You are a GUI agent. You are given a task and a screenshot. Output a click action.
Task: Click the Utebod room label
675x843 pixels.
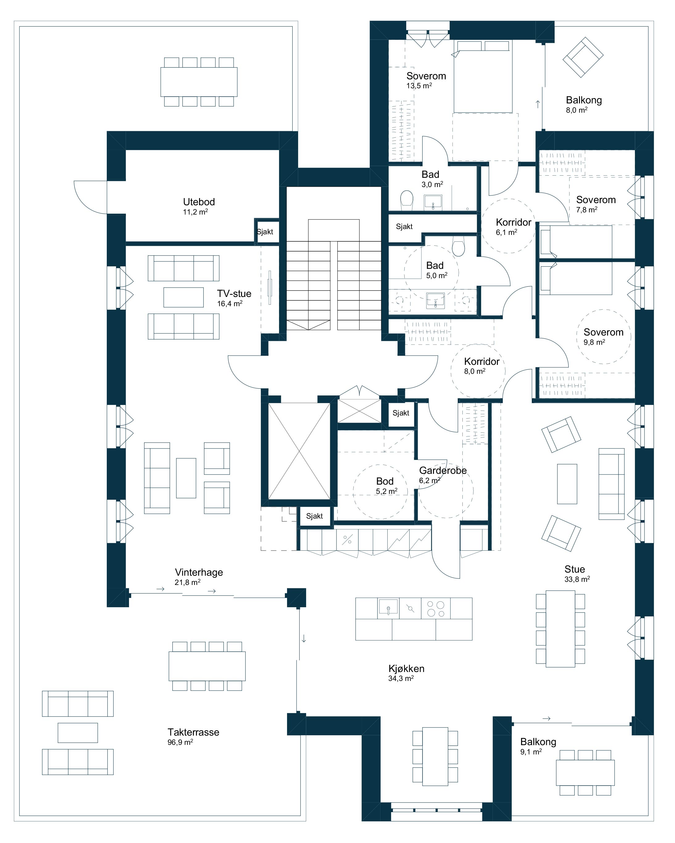tap(199, 202)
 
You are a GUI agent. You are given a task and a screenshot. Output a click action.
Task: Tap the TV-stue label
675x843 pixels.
tap(234, 293)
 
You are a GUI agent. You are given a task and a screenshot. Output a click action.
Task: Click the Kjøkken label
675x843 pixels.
tap(406, 669)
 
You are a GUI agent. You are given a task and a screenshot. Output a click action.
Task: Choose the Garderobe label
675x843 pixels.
tap(443, 470)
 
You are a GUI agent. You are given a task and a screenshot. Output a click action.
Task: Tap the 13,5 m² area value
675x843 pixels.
tap(419, 86)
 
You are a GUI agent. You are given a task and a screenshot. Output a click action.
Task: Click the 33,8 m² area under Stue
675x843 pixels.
tap(577, 579)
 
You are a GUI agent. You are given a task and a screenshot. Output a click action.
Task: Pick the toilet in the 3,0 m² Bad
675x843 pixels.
tap(406, 198)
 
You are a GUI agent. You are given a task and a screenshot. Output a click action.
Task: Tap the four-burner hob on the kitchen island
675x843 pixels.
tap(436, 609)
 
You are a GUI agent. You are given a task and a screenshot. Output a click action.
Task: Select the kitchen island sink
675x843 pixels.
tap(388, 607)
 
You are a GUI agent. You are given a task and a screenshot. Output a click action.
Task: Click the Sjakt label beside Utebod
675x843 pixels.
tap(265, 232)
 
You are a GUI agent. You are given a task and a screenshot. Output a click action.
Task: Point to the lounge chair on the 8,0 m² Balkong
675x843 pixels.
tap(583, 57)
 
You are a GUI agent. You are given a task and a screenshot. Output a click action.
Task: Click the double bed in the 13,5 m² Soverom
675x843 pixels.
tap(483, 76)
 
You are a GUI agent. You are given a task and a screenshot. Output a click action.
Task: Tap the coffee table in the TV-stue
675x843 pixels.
tap(183, 297)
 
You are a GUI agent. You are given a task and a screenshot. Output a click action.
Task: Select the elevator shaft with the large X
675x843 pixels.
tap(299, 451)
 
